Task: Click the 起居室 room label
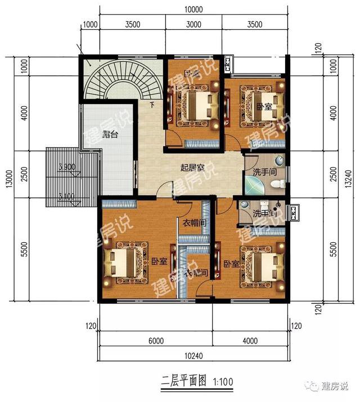click(x=192, y=168)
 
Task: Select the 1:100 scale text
click(x=223, y=382)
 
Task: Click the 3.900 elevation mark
click(x=67, y=168)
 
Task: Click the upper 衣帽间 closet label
click(x=194, y=223)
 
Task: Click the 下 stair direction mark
click(x=151, y=106)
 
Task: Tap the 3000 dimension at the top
click(x=193, y=24)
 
